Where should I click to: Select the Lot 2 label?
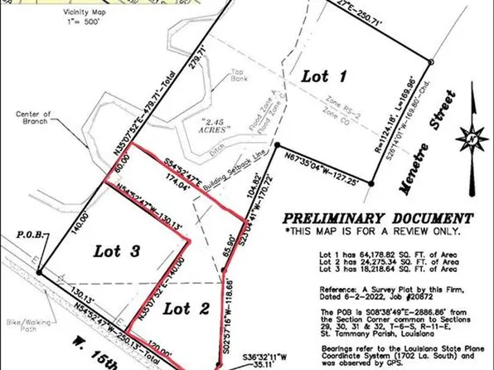[191, 309]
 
